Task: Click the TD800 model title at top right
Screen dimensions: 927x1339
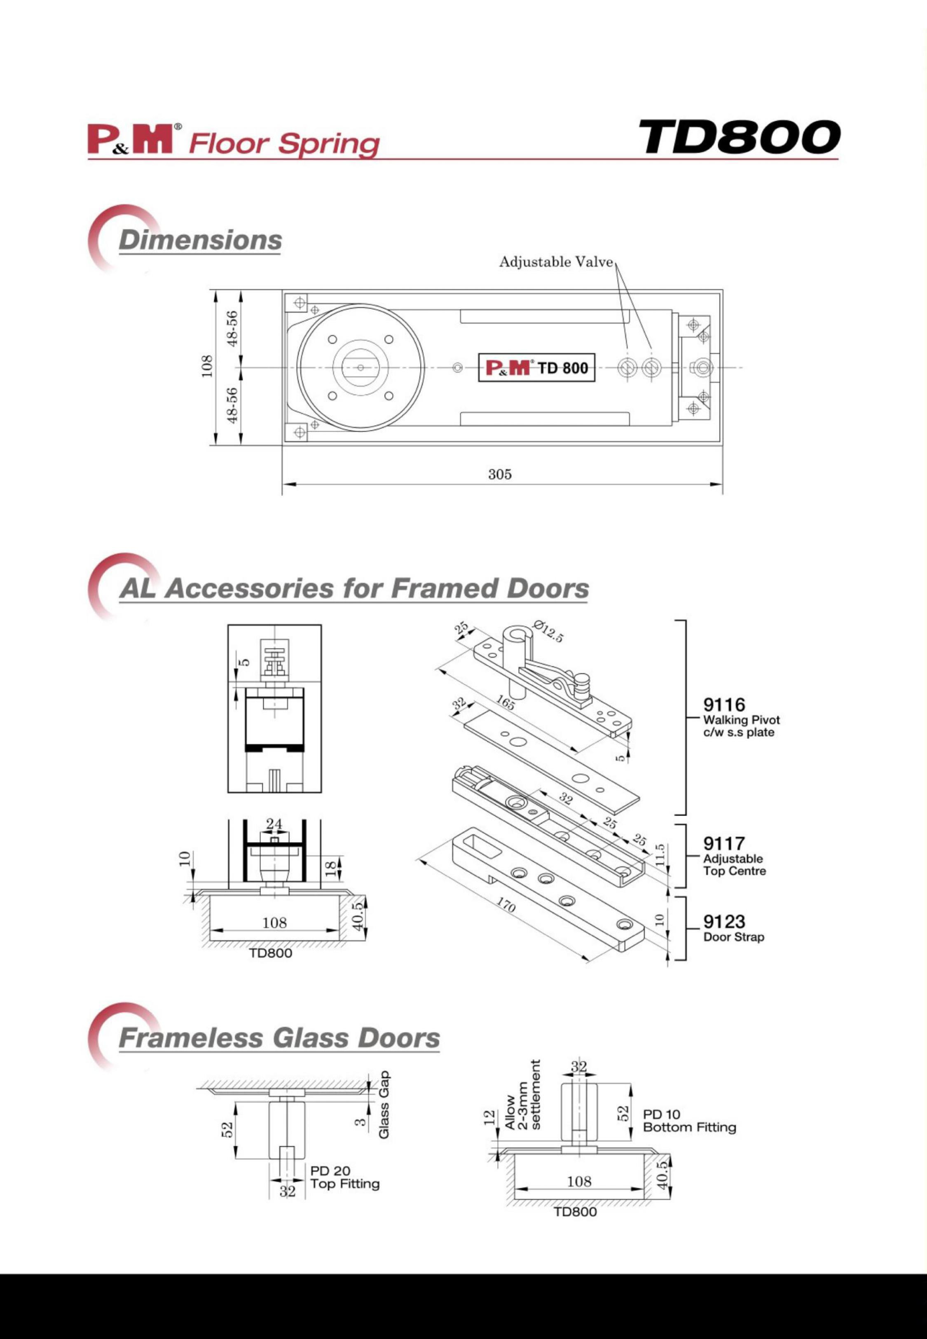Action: point(739,137)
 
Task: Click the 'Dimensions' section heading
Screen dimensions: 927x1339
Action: point(200,240)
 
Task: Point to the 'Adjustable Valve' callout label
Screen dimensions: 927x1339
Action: point(556,262)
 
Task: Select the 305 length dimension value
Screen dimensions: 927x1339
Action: point(499,474)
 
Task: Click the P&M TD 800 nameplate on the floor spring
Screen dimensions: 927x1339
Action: point(537,368)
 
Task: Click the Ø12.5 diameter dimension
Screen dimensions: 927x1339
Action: point(548,632)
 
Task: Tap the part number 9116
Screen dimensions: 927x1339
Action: point(724,705)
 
